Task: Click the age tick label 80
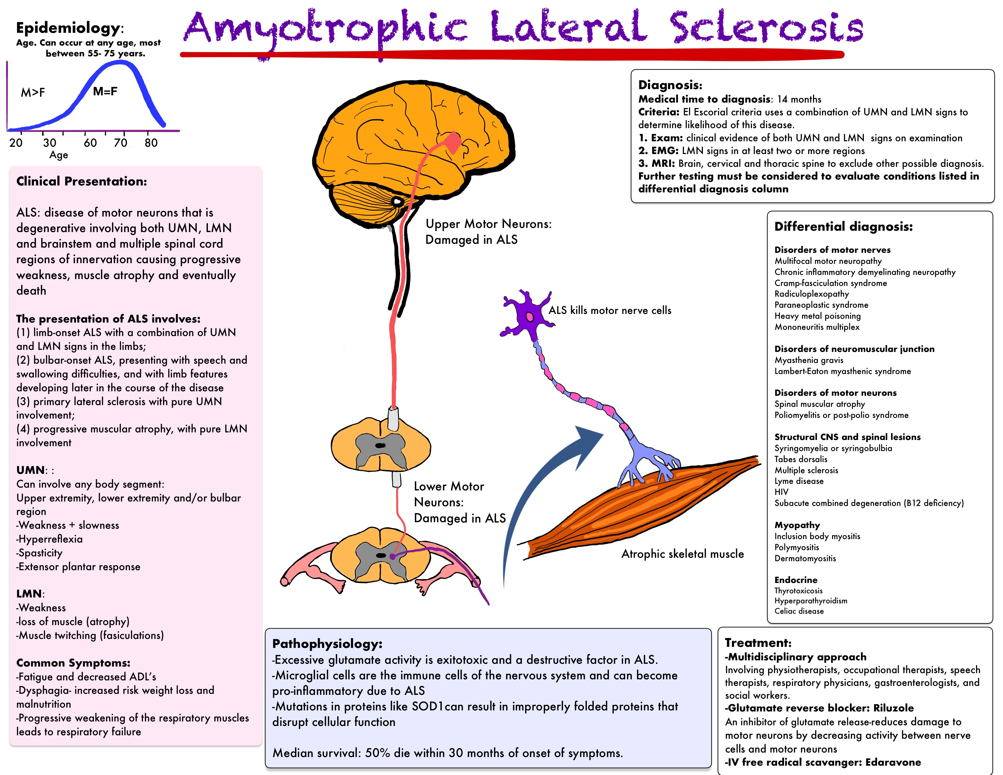pos(151,143)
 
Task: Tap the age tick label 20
pos(16,143)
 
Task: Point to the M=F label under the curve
pos(105,92)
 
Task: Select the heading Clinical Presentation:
pos(82,181)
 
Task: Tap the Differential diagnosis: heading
pos(843,226)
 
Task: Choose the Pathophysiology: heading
pos(327,644)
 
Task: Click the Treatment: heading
pos(758,643)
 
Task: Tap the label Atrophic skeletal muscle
pos(682,554)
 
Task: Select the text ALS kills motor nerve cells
pos(609,310)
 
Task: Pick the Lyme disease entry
pos(799,481)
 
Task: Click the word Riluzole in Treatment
pos(893,708)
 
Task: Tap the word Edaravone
pos(893,763)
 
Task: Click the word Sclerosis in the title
pos(766,28)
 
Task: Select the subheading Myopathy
pos(797,525)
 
